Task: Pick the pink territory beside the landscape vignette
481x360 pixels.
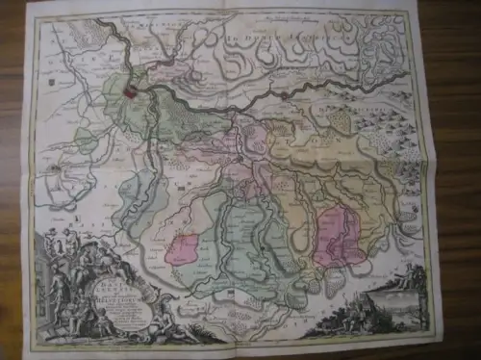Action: pos(340,233)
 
